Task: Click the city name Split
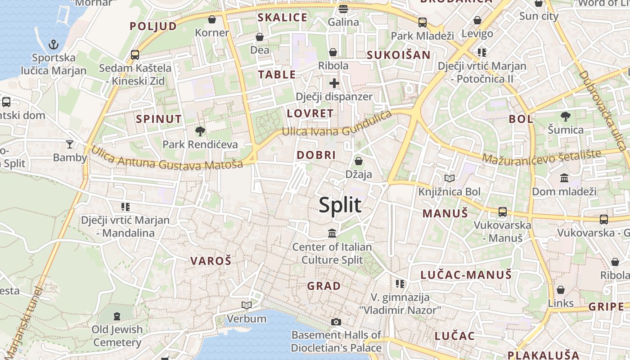click(340, 205)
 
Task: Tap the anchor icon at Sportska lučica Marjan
click(54, 44)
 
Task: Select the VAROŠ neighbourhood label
click(211, 261)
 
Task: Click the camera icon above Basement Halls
click(336, 322)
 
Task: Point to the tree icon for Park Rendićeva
click(200, 131)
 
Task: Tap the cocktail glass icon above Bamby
click(70, 144)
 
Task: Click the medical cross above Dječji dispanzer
click(334, 83)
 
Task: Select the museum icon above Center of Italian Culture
click(332, 233)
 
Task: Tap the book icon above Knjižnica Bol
click(449, 178)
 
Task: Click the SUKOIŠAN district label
click(398, 55)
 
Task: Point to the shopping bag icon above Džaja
click(359, 161)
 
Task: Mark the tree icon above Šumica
click(565, 117)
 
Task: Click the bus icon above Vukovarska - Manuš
click(503, 211)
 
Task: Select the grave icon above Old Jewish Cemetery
click(117, 316)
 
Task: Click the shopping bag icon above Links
click(560, 290)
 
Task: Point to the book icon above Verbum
click(246, 306)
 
